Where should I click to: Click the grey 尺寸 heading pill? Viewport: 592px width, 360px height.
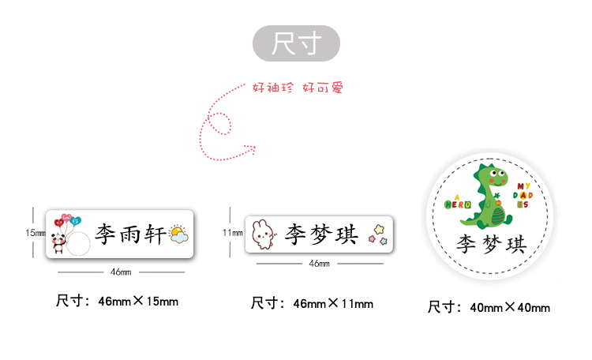296,43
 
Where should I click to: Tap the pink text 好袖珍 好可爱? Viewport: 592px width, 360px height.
298,88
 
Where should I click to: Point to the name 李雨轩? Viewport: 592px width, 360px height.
130,234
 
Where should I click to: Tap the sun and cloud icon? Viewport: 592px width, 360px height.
178,234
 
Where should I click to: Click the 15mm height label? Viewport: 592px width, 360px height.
35,233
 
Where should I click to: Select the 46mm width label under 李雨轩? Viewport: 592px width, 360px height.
121,272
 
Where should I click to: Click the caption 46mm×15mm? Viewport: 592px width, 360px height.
117,301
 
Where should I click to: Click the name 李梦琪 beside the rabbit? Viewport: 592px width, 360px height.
322,234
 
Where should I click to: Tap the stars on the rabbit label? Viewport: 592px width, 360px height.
379,235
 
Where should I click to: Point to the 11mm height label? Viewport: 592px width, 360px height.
232,233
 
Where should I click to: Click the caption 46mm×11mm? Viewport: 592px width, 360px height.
312,303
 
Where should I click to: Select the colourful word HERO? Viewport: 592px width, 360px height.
458,204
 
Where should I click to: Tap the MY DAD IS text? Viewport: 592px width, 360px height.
523,194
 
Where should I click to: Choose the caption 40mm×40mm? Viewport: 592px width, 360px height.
489,307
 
